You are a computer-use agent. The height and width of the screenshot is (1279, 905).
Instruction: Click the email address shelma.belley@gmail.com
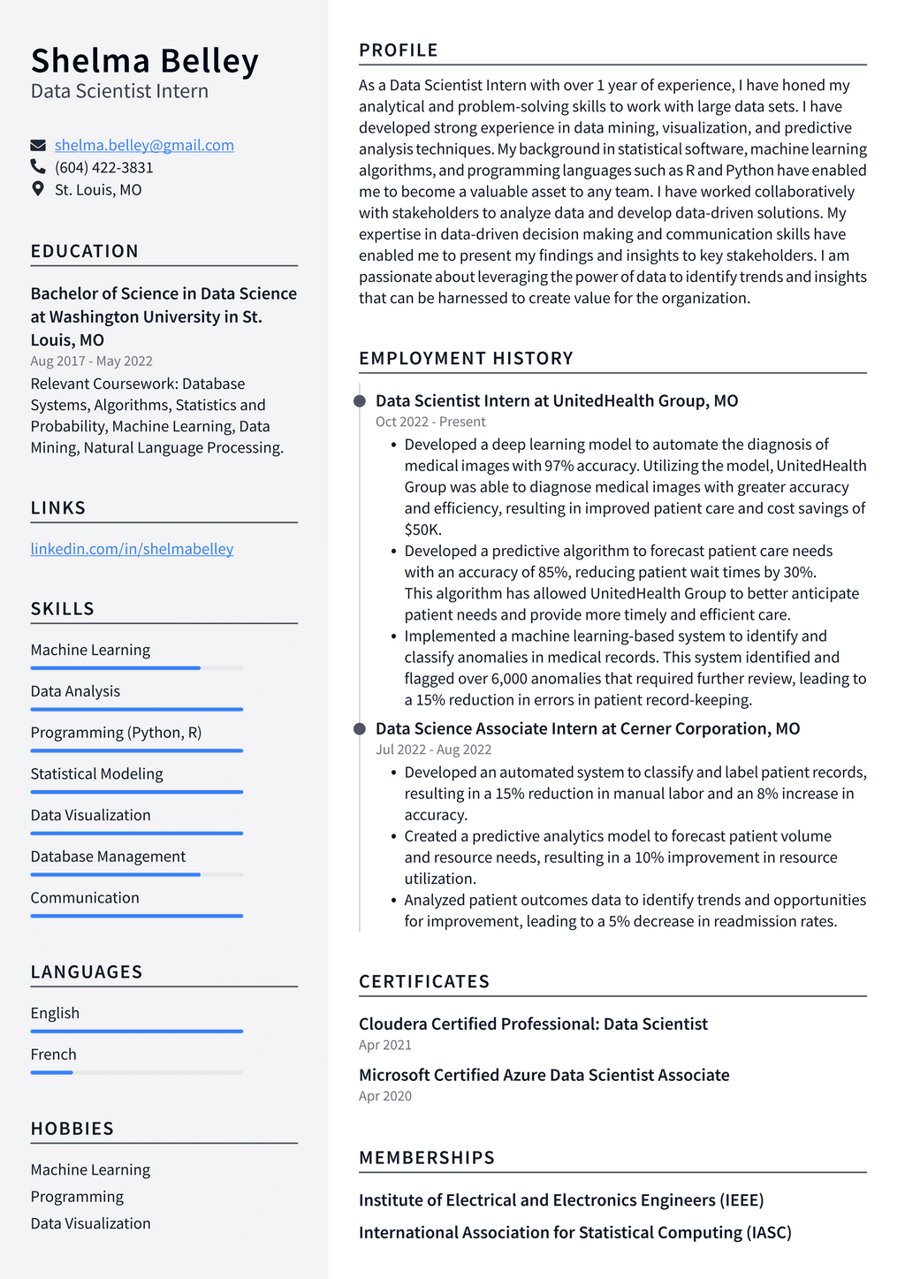point(144,145)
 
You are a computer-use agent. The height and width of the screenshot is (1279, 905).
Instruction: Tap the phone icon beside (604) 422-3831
point(38,166)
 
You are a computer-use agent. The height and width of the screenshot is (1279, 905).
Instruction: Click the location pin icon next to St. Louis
point(38,188)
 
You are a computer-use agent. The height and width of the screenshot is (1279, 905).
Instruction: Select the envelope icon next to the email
point(38,145)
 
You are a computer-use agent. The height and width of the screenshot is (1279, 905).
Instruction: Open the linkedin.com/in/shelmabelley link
point(132,549)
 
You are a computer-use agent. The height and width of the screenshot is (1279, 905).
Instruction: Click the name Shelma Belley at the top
point(145,61)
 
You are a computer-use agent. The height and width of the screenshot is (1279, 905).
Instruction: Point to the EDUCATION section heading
point(85,251)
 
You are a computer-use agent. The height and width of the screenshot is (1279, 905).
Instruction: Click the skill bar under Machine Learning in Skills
point(136,668)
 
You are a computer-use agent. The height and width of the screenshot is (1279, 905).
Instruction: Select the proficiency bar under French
point(136,1072)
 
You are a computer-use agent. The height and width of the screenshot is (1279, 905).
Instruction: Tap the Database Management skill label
point(108,856)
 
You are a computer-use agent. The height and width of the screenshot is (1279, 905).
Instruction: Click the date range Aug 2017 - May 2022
point(91,361)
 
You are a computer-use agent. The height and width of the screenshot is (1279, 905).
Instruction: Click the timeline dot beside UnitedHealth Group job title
point(360,401)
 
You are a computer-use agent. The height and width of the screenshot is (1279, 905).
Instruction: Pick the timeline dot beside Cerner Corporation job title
point(360,729)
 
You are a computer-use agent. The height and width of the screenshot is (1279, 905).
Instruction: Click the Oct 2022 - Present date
point(430,422)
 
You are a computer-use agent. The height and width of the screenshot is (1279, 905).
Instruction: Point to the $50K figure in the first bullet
point(422,529)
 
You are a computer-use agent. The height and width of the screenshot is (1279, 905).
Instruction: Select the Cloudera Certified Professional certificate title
point(533,1024)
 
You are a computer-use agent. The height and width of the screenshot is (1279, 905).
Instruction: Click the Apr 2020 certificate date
point(385,1096)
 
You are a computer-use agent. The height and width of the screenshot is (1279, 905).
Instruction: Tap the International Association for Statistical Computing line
point(574,1232)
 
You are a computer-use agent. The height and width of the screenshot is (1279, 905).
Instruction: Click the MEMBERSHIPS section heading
point(427,1158)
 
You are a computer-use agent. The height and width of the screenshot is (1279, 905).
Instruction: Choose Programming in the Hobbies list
point(77,1197)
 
